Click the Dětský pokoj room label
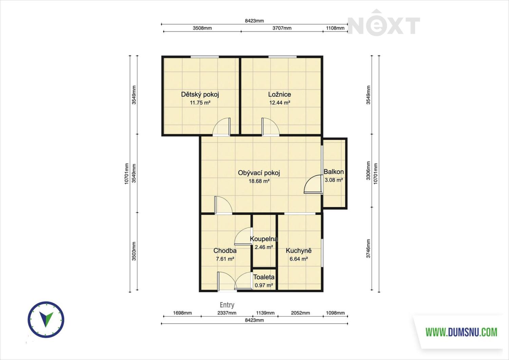pos(200,94)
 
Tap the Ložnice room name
pos(280,94)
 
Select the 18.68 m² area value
pos(259,181)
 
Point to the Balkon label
pos(334,172)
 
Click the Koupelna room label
pos(264,239)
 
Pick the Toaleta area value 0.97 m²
pos(264,285)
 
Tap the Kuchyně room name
pos(299,251)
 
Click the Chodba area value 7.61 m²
pos(225,259)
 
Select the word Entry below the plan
pos(227,305)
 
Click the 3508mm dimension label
pos(202,28)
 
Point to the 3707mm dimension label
pos(282,28)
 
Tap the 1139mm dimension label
pos(265,313)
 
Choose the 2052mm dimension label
pos(300,313)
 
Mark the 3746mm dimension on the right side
pos(368,249)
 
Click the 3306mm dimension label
pos(368,171)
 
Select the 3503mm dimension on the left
pos(134,251)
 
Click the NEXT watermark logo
pos(384,23)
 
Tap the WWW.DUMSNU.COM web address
pos(461,332)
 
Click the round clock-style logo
pos(46,320)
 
